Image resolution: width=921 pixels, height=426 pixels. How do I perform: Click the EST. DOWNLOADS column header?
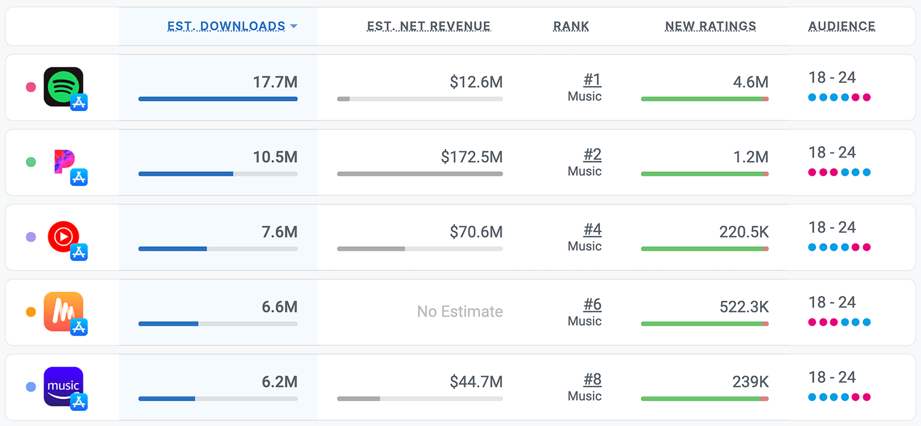226,26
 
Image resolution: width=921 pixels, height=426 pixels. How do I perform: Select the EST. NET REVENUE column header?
429,26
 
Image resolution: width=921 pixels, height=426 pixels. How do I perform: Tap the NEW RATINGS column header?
710,26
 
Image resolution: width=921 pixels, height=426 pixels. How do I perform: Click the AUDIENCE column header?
842,26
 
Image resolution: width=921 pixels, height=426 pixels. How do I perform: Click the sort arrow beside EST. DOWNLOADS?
293,26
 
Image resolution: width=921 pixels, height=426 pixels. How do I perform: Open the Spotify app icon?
63,87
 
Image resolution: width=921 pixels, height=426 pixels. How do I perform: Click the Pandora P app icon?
63,161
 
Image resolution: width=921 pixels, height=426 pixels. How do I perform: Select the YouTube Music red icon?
63,236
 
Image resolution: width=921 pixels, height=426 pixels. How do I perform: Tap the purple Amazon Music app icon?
63,386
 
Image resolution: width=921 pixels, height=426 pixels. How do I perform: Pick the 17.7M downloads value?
275,82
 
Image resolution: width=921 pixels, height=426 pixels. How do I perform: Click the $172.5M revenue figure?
472,157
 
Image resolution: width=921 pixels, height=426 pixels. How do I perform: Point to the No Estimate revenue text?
460,312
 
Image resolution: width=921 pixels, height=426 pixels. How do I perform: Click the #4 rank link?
592,230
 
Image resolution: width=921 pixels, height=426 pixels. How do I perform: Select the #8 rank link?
592,380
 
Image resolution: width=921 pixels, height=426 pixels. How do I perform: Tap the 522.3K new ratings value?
744,307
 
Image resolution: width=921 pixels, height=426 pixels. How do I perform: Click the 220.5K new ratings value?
744,232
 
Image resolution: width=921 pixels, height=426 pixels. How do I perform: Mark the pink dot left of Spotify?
31,87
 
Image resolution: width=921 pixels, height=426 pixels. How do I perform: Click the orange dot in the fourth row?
31,312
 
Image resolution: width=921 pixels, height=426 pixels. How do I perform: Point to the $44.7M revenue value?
476,382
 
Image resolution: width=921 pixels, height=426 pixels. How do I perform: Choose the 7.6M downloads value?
279,232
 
